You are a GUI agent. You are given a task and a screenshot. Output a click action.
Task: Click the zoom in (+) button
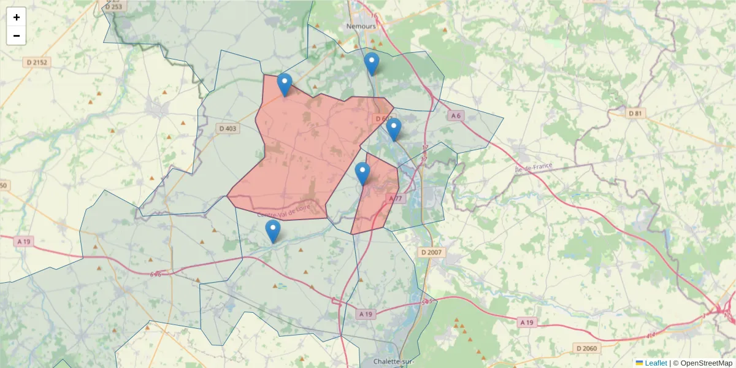(x=17, y=17)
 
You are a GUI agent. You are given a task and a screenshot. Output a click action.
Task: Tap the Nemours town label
(x=360, y=26)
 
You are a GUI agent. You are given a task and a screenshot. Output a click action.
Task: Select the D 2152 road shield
(x=37, y=62)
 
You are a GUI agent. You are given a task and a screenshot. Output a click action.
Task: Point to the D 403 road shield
(x=227, y=128)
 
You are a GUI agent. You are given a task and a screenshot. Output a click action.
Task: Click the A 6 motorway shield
(x=455, y=115)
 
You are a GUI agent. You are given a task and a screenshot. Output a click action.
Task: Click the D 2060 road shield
(x=587, y=348)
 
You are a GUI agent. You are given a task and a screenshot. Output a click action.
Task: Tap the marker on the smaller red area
(x=362, y=174)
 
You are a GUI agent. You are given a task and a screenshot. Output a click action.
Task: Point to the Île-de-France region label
(x=534, y=166)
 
